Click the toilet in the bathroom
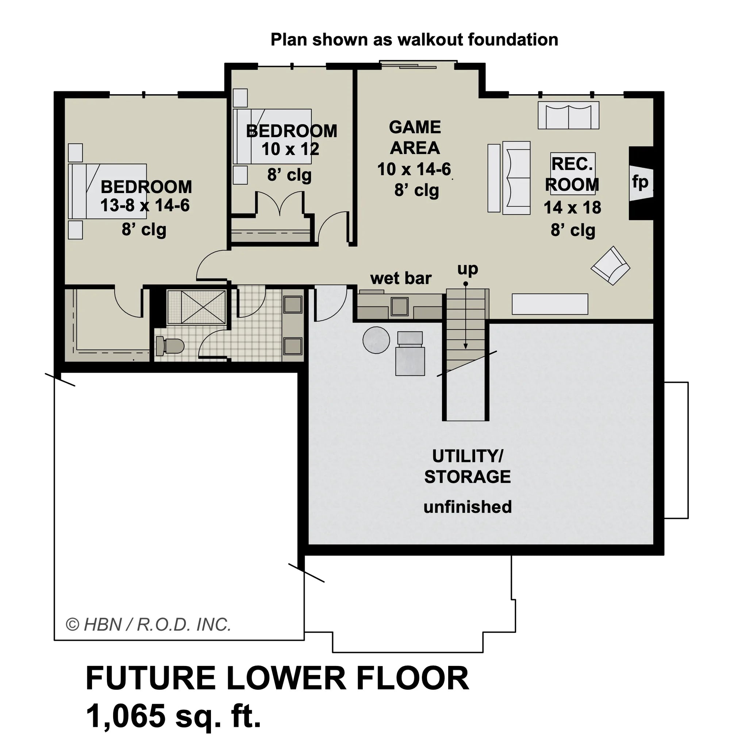click(170, 346)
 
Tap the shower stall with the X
click(196, 307)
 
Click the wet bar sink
click(399, 307)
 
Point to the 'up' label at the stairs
click(467, 269)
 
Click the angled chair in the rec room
click(611, 266)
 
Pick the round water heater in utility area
click(376, 340)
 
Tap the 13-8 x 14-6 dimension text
click(145, 205)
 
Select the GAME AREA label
click(415, 138)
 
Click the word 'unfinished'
click(467, 507)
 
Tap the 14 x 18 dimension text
click(572, 208)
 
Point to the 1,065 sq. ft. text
click(173, 715)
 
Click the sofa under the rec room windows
click(568, 115)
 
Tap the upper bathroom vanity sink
click(293, 305)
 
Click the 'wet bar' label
click(401, 278)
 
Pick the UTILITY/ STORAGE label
click(467, 466)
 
